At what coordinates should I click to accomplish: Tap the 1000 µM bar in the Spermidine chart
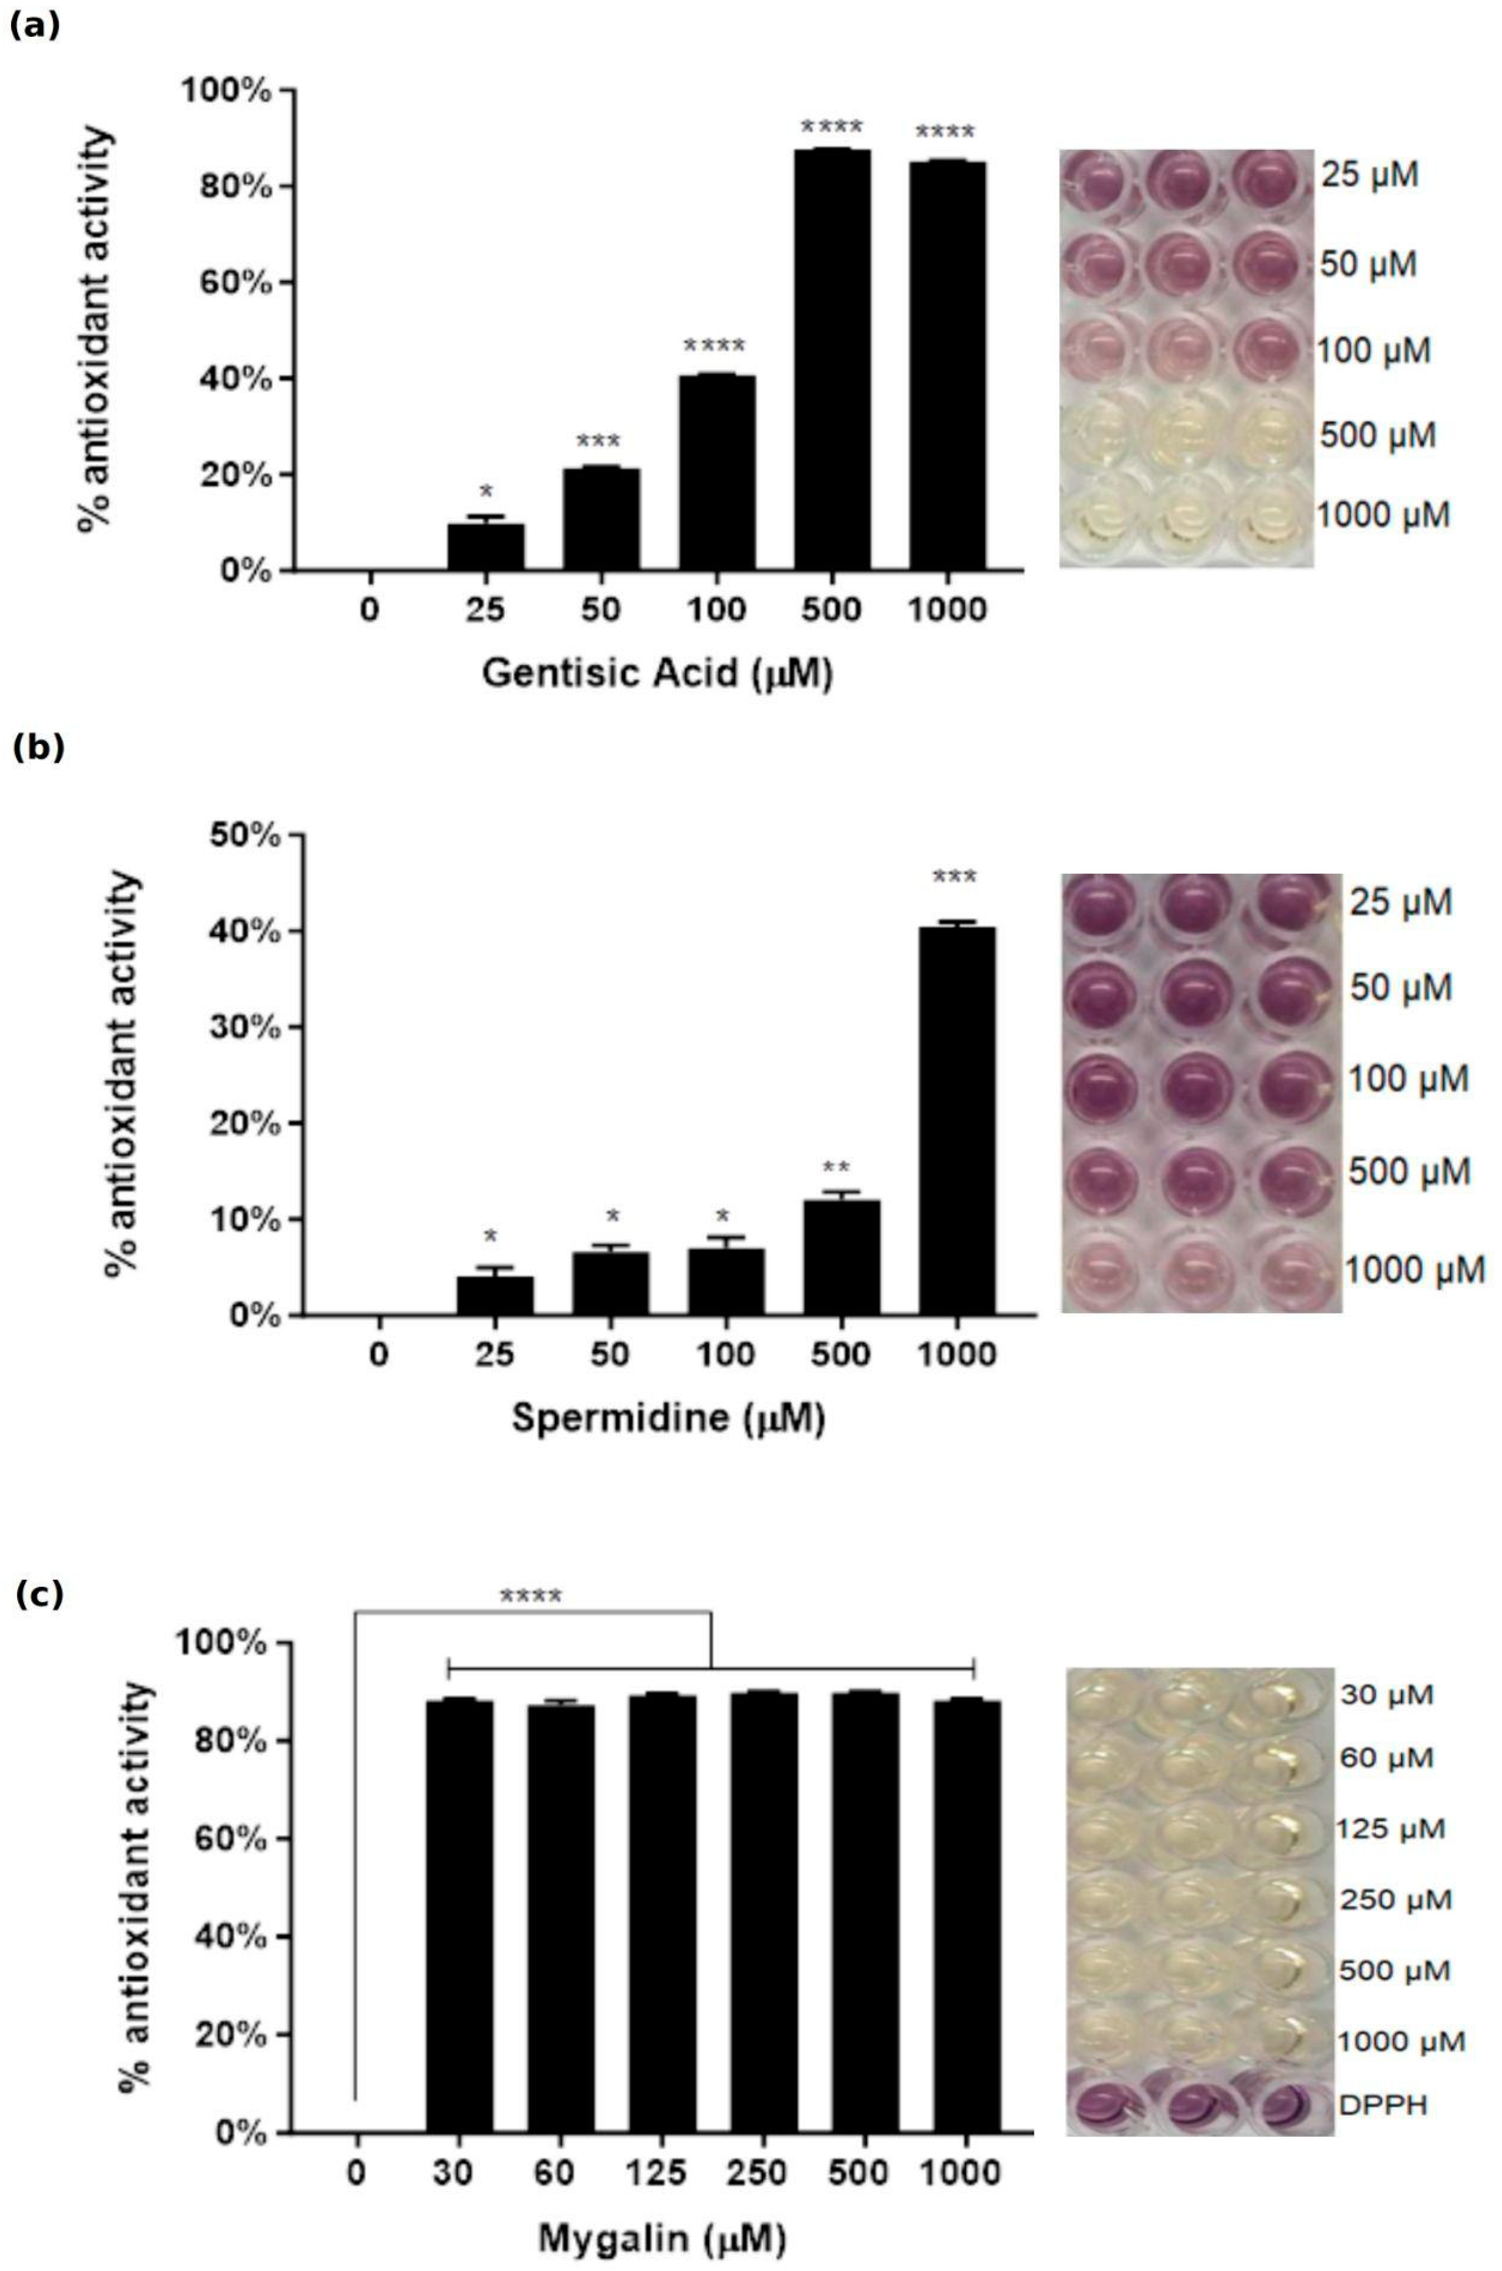tap(956, 1121)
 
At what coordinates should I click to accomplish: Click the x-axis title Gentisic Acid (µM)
tap(657, 674)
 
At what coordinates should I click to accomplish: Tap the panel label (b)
tap(39, 748)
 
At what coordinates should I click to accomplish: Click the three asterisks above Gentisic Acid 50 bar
tap(599, 442)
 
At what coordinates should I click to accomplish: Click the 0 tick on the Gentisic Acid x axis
tap(370, 610)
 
